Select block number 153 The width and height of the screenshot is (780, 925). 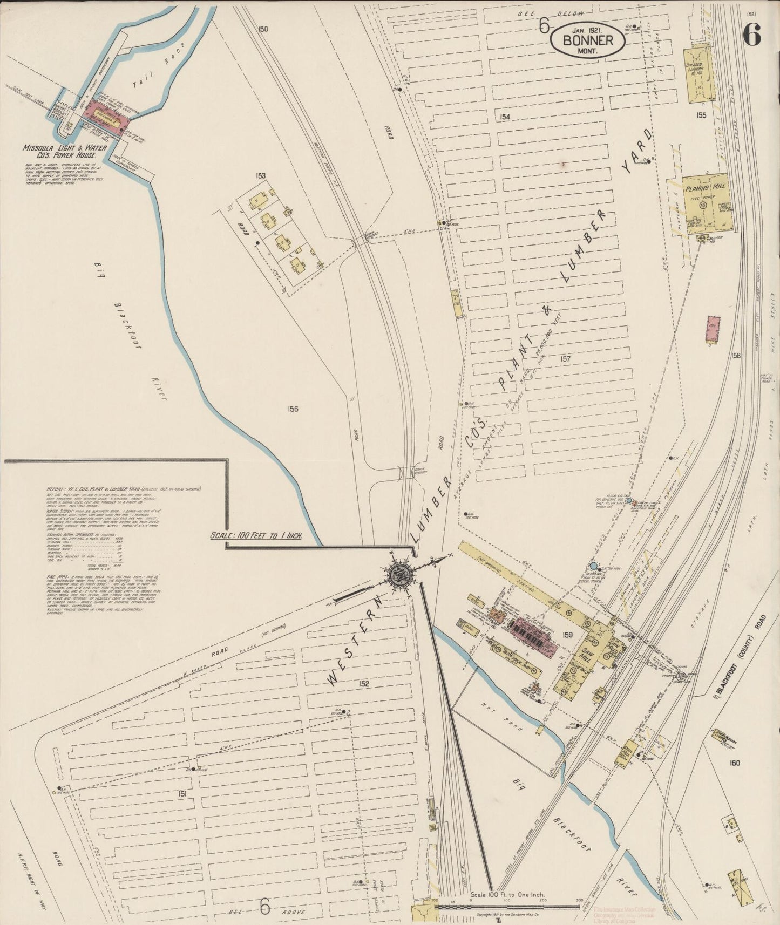[261, 175]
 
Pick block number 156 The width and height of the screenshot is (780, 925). [293, 409]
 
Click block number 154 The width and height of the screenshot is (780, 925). [505, 117]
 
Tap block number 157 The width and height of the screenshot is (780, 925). [565, 358]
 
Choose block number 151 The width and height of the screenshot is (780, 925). [181, 793]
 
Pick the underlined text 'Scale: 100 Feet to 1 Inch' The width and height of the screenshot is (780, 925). [256, 536]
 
